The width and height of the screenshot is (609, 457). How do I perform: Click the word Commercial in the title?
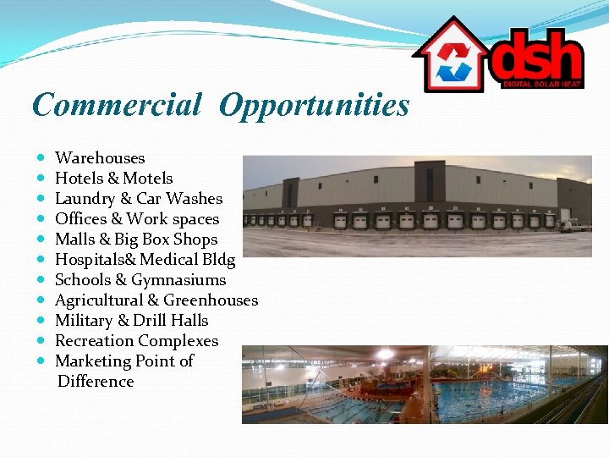click(116, 105)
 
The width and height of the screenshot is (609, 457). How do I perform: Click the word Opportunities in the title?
click(313, 106)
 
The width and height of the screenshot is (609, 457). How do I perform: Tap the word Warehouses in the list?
click(100, 158)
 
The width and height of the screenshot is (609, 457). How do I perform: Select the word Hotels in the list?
click(78, 179)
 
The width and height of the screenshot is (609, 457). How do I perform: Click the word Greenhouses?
click(211, 300)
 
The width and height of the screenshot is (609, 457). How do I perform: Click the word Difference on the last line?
click(96, 382)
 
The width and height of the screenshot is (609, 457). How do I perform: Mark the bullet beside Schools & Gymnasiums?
click(41, 280)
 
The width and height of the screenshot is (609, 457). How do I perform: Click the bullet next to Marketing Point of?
click(41, 361)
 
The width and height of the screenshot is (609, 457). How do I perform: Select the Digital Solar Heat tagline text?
click(541, 84)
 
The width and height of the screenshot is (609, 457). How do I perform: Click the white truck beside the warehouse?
click(574, 225)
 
